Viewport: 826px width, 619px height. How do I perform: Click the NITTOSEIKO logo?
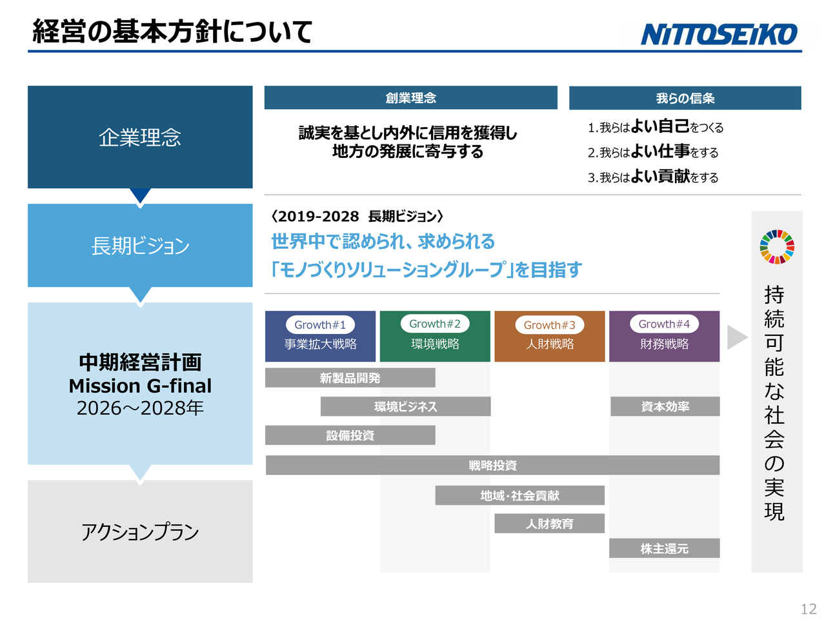pos(719,34)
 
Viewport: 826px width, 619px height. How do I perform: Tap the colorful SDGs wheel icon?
pos(776,247)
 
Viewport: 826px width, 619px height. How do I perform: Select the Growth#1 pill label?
pos(320,325)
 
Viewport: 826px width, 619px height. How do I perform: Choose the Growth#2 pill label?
pos(435,324)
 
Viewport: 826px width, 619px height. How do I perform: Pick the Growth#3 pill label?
pos(549,325)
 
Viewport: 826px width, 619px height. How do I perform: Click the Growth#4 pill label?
pos(664,324)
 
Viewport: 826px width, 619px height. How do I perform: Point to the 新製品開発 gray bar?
pos(350,378)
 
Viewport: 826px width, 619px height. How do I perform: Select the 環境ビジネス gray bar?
pos(405,406)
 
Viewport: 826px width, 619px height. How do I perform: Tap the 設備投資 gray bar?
pos(350,435)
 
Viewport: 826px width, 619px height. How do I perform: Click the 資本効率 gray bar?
pos(665,406)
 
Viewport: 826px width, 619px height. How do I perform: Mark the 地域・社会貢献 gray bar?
pos(519,495)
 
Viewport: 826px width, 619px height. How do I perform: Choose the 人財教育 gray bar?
pos(549,523)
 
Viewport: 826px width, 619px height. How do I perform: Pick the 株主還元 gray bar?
pos(664,548)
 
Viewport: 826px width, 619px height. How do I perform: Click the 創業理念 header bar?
pos(410,98)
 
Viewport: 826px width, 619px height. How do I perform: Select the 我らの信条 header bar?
pos(685,98)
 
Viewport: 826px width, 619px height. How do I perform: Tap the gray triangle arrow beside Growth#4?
pos(736,337)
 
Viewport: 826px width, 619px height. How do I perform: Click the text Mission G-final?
pos(140,386)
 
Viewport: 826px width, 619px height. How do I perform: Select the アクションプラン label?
pos(140,532)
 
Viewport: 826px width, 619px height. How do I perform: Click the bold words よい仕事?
pos(660,151)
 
